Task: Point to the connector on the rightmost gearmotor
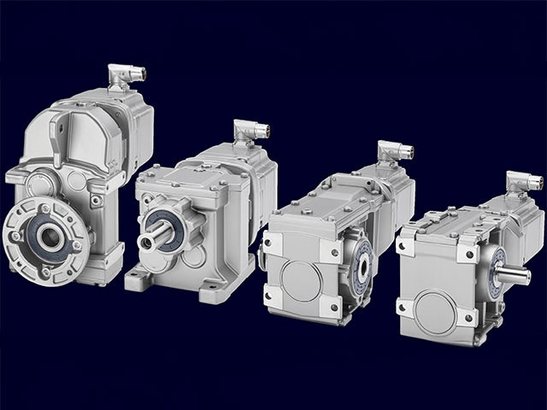point(522,180)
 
